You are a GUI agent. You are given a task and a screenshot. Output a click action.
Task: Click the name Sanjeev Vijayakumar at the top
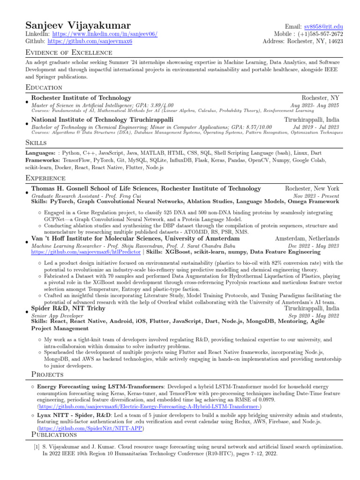[78, 25]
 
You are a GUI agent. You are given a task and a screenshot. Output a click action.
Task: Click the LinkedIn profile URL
[105, 34]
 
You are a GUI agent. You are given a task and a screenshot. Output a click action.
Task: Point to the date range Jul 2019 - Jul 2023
[315, 127]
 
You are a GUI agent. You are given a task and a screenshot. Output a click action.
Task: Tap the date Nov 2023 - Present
[316, 195]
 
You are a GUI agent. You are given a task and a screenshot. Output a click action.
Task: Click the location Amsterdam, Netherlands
[307, 239]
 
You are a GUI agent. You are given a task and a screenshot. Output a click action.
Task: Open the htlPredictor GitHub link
[76, 252]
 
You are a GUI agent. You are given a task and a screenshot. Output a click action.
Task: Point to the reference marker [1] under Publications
[36, 447]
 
